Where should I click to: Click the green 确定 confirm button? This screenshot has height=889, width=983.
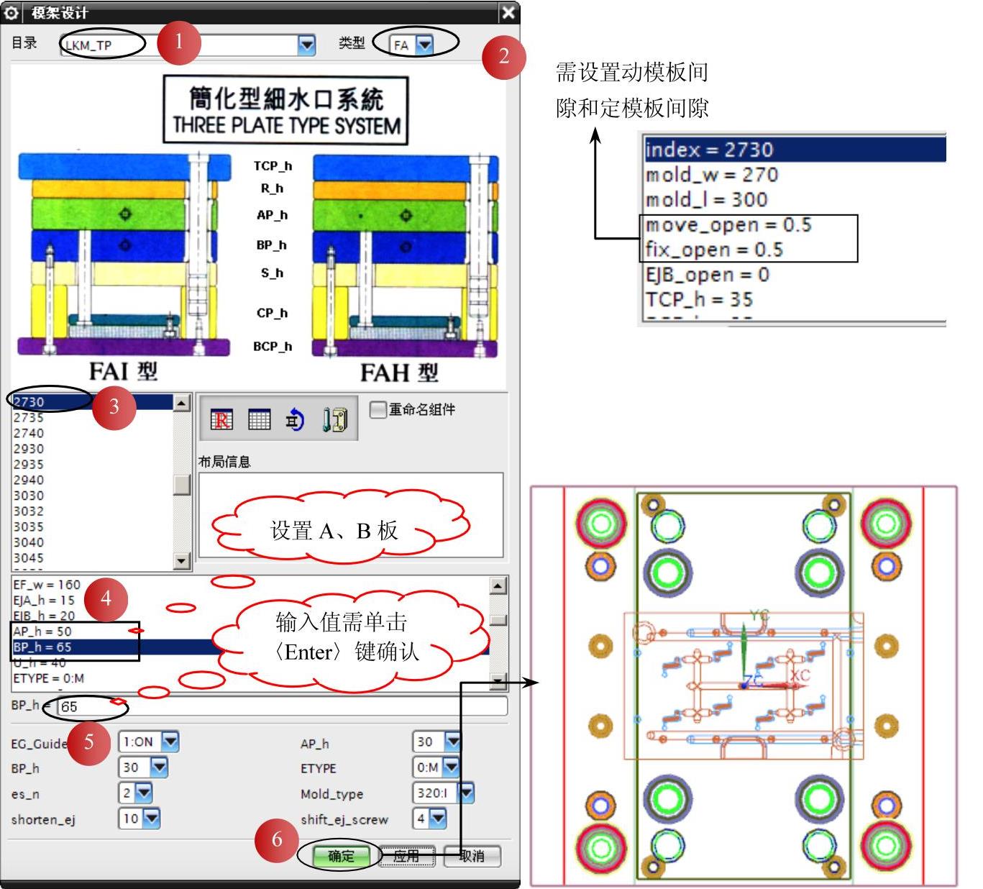341,856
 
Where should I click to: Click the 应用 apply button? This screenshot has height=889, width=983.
406,856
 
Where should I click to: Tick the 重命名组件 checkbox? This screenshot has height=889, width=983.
378,409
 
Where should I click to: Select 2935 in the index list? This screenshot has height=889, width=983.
29,465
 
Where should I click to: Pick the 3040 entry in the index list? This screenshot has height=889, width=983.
29,542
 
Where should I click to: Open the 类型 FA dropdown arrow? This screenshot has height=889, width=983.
425,45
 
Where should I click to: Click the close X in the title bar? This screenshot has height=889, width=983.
508,12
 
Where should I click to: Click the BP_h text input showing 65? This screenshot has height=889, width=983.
280,706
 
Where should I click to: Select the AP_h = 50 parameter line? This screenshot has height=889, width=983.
43,632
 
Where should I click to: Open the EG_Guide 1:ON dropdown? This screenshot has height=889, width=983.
170,742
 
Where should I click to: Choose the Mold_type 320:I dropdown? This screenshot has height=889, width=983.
466,793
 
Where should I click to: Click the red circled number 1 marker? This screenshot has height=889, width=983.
178,41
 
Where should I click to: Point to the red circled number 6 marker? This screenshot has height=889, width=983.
277,839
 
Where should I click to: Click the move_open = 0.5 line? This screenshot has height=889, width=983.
728,225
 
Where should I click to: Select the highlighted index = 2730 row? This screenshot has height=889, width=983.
791,150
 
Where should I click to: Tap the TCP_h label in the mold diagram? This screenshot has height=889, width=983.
273,166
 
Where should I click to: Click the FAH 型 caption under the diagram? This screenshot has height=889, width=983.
399,373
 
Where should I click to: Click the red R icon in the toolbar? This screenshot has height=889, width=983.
221,419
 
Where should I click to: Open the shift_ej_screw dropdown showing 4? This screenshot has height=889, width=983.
437,818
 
